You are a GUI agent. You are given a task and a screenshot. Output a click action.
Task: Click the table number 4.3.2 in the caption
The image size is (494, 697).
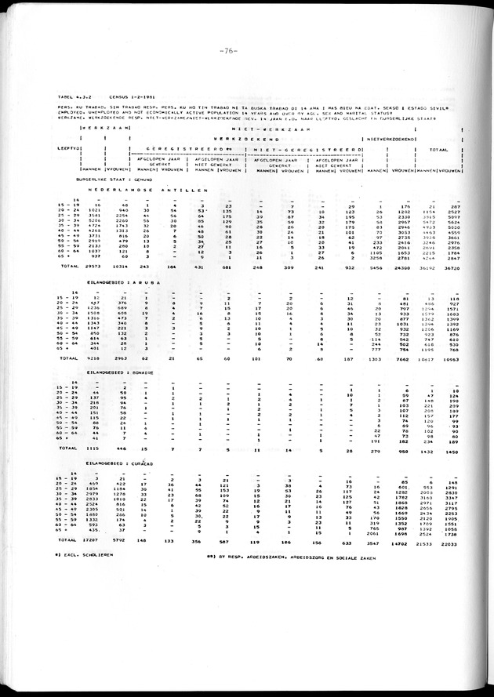pyautogui.click(x=80, y=96)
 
